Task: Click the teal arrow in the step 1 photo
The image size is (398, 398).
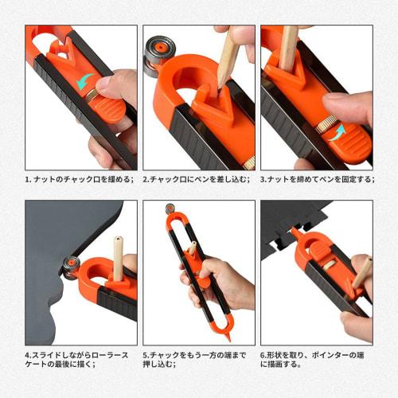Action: coord(81,82)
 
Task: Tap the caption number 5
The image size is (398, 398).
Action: coord(146,355)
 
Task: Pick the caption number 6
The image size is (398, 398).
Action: coord(263,355)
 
